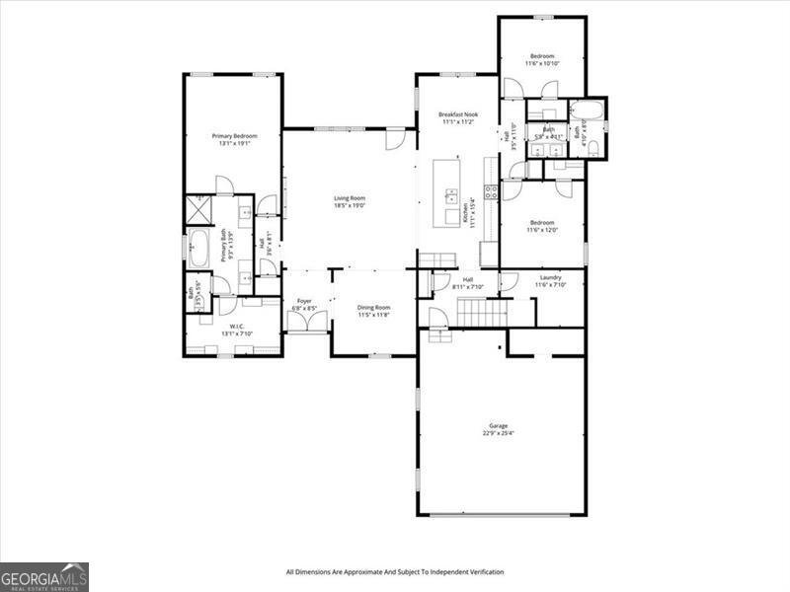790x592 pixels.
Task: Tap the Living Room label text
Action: coord(350,198)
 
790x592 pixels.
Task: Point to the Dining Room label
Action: coord(373,307)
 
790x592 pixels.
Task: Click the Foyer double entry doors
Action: coord(307,323)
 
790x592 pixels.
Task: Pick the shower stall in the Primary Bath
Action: coord(197,210)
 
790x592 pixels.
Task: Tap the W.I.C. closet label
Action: coord(237,326)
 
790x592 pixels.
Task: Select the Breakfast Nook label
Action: coord(457,114)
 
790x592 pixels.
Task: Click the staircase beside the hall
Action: coord(481,314)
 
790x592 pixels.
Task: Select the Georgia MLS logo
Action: coord(44,576)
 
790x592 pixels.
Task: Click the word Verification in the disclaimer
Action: coord(483,571)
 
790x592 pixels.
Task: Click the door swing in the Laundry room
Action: coord(508,282)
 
